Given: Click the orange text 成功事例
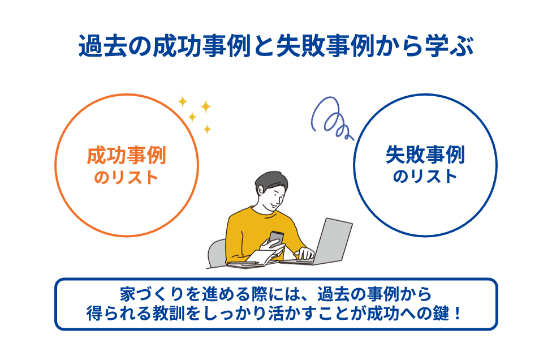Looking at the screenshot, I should pyautogui.click(x=126, y=155).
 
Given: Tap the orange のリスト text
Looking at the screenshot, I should pyautogui.click(x=126, y=177).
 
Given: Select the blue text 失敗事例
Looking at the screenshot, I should pyautogui.click(x=425, y=154).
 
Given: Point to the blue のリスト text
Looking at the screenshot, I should pyautogui.click(x=425, y=177).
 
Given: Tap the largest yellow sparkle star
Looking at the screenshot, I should pyautogui.click(x=205, y=106).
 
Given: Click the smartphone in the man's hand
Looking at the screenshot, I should pyautogui.click(x=275, y=238).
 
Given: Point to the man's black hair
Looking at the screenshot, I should pyautogui.click(x=266, y=180).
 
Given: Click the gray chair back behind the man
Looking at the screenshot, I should pyautogui.click(x=217, y=252).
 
